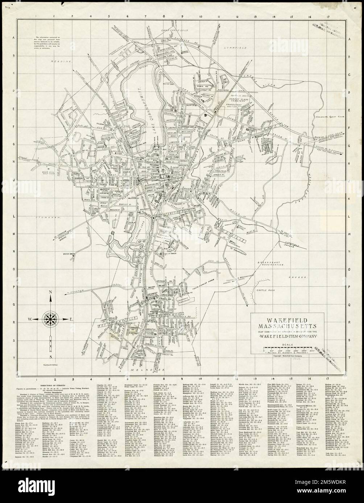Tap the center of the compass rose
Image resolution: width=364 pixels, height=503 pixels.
pyautogui.click(x=50, y=318)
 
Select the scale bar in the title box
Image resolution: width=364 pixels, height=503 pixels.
pyautogui.click(x=286, y=350)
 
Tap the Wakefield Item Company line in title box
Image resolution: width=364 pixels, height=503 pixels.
pyautogui.click(x=288, y=337)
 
